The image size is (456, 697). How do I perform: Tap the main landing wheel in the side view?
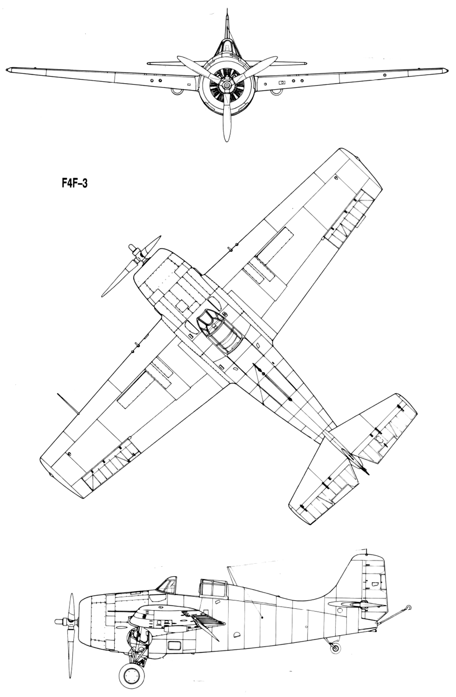(133, 678)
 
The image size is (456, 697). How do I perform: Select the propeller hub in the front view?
(226, 87)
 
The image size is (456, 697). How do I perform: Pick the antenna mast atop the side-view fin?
(366, 551)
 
